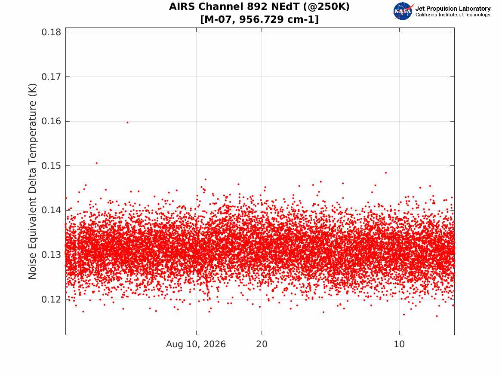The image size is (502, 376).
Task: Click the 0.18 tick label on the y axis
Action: pyautogui.click(x=51, y=32)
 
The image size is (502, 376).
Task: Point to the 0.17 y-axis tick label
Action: pyautogui.click(x=51, y=77)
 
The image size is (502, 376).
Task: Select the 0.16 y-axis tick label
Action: pyautogui.click(x=51, y=121)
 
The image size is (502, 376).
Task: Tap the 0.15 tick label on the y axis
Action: pyautogui.click(x=51, y=165)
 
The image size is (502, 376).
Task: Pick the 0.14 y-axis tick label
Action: pyautogui.click(x=51, y=210)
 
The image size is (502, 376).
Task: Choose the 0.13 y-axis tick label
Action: pyautogui.click(x=51, y=255)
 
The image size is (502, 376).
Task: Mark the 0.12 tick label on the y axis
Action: pyautogui.click(x=51, y=299)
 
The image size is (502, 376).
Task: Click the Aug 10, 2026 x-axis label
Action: pyautogui.click(x=196, y=344)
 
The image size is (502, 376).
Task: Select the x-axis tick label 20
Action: pyautogui.click(x=262, y=344)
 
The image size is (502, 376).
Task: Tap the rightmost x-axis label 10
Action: pyautogui.click(x=399, y=344)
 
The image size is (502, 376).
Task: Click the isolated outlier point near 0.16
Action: pyautogui.click(x=127, y=122)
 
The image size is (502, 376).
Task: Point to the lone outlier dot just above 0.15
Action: pyautogui.click(x=97, y=163)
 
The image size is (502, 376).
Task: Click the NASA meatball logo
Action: pyautogui.click(x=403, y=11)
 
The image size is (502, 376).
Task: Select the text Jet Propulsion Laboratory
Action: pyautogui.click(x=453, y=9)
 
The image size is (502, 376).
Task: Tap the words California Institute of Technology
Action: pyautogui.click(x=453, y=15)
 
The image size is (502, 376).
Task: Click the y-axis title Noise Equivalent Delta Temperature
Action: pyautogui.click(x=32, y=181)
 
